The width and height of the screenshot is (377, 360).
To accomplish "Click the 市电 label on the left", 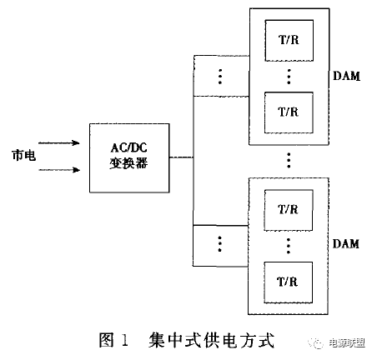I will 23,155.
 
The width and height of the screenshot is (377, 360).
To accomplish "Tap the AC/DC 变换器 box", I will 128,156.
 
